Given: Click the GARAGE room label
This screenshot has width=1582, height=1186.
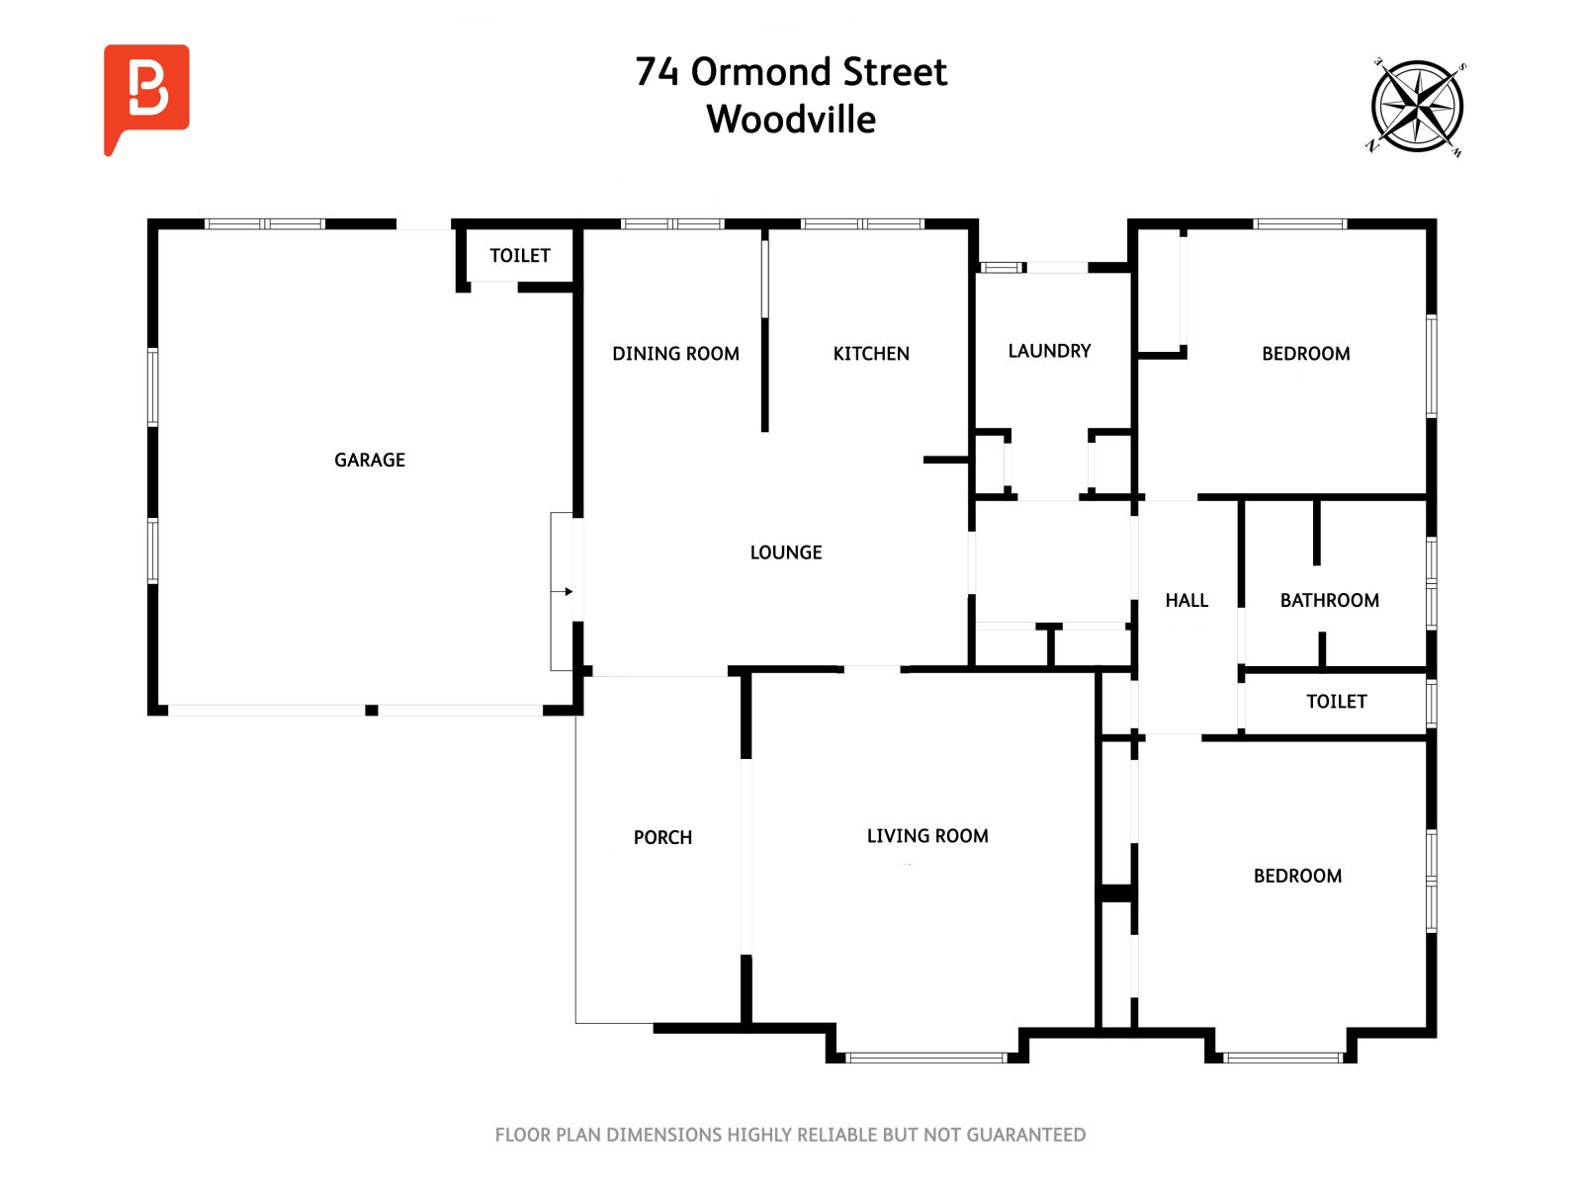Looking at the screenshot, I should point(370,460).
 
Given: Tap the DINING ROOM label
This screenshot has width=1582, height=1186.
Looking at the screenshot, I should point(675,354).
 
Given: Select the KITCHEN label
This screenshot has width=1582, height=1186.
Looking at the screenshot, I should point(871,354).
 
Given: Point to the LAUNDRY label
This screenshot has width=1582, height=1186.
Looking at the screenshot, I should point(1049,351).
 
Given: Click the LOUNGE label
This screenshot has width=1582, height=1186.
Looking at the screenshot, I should point(786,552).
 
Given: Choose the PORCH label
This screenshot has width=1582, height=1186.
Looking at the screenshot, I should point(662,837).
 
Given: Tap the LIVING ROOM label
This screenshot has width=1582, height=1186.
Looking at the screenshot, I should point(927,836).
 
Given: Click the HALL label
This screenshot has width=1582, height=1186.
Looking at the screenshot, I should point(1186,600).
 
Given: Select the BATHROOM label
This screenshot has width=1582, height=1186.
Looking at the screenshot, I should point(1329,600).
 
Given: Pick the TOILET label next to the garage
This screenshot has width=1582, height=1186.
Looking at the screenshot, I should point(520,256).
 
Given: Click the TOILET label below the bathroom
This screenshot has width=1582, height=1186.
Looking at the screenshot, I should point(1336,702).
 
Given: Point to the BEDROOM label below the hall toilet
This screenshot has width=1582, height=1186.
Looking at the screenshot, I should point(1297,876).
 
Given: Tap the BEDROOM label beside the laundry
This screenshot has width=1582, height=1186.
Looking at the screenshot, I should point(1305,354).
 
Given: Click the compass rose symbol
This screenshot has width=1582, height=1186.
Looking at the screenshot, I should point(1417,108).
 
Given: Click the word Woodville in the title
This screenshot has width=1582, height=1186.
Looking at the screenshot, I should point(791,120).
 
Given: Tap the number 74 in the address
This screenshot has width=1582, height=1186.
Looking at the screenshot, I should point(657,72).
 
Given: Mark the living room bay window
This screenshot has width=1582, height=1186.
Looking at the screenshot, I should point(926,1058).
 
